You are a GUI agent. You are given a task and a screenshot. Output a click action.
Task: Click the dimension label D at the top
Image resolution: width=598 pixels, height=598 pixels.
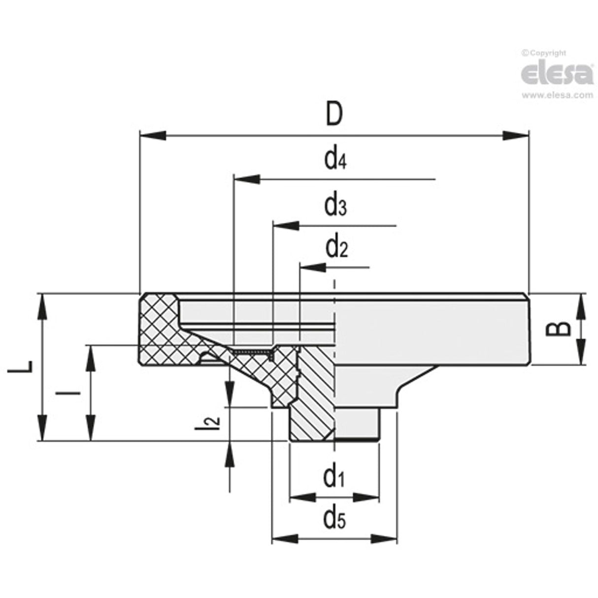click(x=334, y=115)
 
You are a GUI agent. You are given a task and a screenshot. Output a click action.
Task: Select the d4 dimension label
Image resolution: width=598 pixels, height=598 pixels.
click(x=335, y=160)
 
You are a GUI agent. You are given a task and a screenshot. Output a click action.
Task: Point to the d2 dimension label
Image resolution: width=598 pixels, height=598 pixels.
click(x=336, y=248)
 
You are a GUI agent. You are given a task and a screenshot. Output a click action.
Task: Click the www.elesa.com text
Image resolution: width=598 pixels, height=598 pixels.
click(x=557, y=96)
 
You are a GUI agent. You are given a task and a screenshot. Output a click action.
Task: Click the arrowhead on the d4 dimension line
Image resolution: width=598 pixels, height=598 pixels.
click(x=246, y=179)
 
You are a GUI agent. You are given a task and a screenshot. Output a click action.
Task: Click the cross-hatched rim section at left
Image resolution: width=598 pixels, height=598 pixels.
click(x=158, y=330)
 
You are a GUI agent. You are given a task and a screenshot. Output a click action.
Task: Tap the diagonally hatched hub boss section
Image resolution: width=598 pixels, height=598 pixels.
click(x=313, y=394)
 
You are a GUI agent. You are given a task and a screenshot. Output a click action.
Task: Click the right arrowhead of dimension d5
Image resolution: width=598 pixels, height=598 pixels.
click(x=384, y=539)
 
